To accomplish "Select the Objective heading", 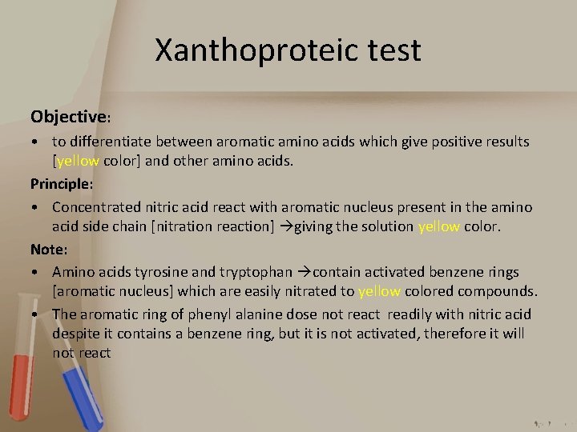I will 69,116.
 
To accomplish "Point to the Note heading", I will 47,249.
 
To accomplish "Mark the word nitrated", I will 312,292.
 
